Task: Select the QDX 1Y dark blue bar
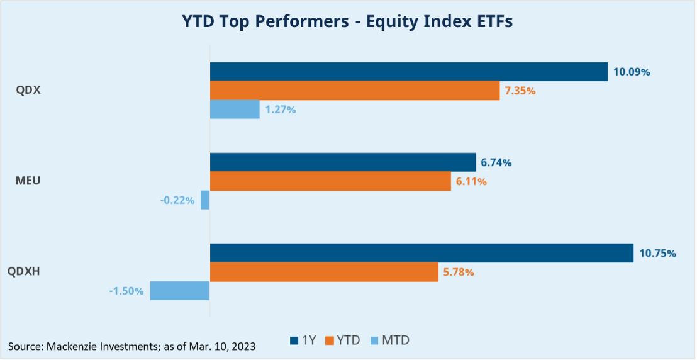click(x=408, y=72)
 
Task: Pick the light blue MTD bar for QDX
click(x=235, y=110)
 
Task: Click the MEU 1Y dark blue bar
click(x=342, y=162)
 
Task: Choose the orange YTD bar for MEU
click(x=330, y=181)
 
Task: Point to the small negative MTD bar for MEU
click(x=205, y=201)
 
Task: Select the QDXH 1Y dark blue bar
click(x=421, y=253)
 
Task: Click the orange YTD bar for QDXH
click(x=324, y=273)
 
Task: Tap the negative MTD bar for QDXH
click(x=179, y=291)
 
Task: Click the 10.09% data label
click(x=632, y=72)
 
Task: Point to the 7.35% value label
click(x=520, y=91)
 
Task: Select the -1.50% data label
click(x=126, y=291)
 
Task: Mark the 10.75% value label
click(x=657, y=254)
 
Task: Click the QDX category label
click(x=28, y=90)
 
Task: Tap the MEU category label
click(x=28, y=181)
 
